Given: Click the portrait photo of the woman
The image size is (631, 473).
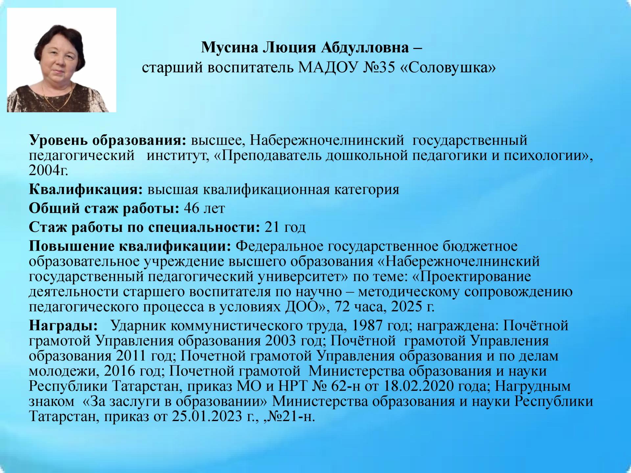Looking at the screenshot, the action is [x=61, y=60].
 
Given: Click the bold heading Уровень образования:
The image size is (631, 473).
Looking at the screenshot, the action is [x=108, y=141].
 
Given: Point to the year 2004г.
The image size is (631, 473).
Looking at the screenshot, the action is [x=49, y=170].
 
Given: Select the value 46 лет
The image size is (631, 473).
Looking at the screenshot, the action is [x=204, y=208].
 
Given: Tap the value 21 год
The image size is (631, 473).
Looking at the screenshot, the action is [x=285, y=227].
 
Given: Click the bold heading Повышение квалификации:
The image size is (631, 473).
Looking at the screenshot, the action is [x=130, y=246].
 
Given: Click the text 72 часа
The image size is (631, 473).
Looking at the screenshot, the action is [x=356, y=307].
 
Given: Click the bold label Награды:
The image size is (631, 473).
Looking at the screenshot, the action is [x=63, y=326].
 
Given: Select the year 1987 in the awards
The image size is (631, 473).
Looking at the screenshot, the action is [x=367, y=326].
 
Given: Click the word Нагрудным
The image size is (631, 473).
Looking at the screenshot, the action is [x=533, y=386].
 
